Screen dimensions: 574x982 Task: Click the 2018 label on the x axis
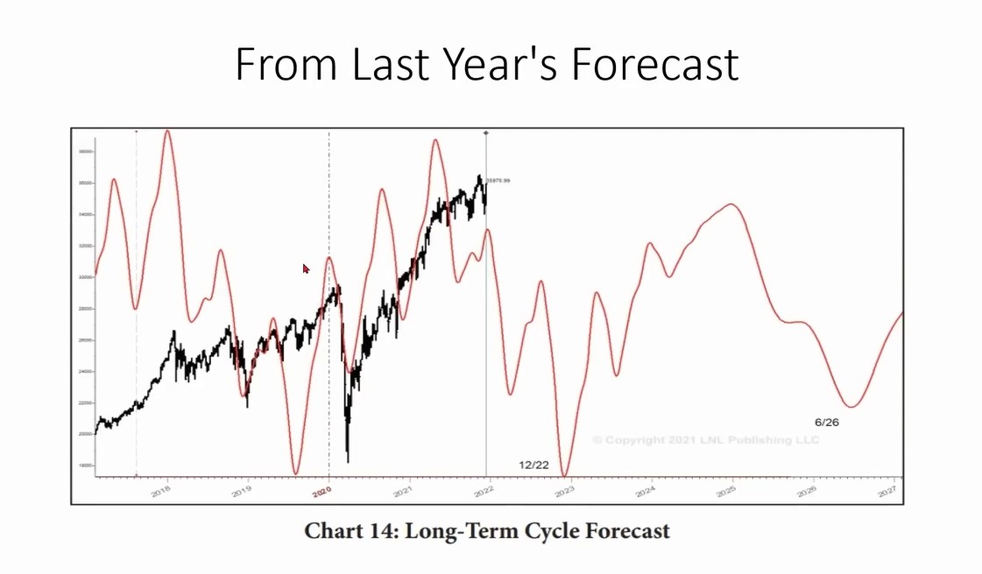pyautogui.click(x=160, y=493)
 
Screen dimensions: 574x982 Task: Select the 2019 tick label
pyautogui.click(x=242, y=493)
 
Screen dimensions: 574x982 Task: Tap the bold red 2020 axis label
pyautogui.click(x=321, y=493)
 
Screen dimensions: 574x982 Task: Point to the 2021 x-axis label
pyautogui.click(x=403, y=493)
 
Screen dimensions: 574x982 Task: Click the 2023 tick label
pyautogui.click(x=565, y=492)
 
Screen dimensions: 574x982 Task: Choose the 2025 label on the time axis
pyautogui.click(x=726, y=492)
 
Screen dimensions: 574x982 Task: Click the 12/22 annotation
pyautogui.click(x=533, y=465)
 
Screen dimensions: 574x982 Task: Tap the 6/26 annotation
pyautogui.click(x=827, y=422)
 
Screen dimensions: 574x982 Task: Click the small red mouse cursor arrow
pyautogui.click(x=306, y=269)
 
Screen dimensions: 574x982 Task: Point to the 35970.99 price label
pyautogui.click(x=498, y=180)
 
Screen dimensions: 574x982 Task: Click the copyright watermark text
pyautogui.click(x=705, y=439)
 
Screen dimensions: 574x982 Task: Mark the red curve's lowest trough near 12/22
pyautogui.click(x=565, y=475)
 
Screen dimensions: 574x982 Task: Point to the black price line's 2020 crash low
pyautogui.click(x=348, y=460)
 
